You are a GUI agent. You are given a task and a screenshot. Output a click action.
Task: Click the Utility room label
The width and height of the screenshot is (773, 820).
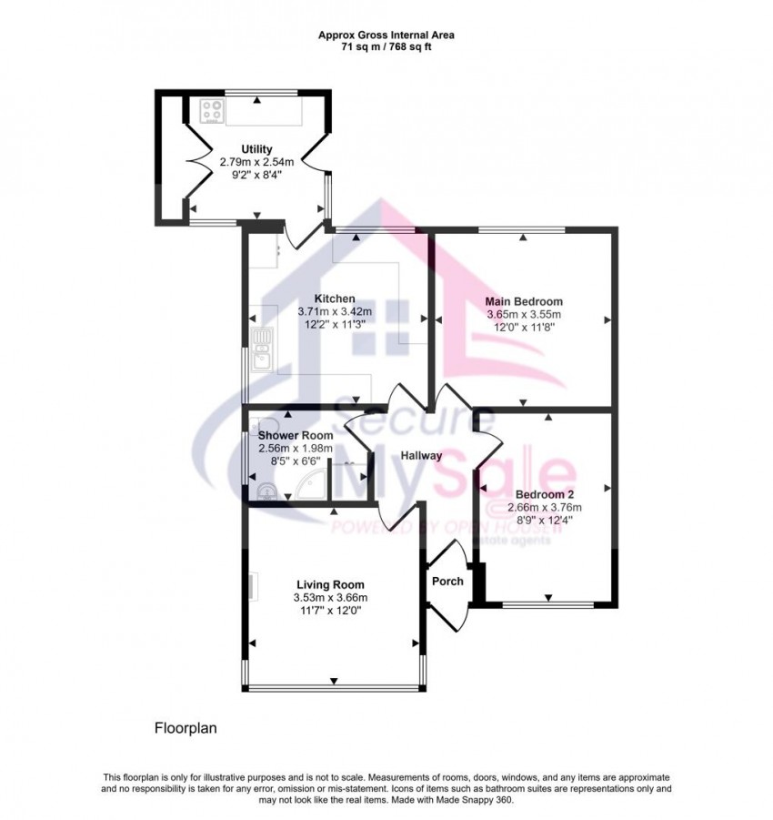[256, 149]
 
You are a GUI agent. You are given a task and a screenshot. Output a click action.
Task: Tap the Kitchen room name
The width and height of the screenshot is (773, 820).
[335, 299]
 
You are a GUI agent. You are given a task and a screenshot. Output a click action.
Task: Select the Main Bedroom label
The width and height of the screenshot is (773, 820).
[524, 301]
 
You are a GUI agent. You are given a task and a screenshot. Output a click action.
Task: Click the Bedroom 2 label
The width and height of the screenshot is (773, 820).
[544, 495]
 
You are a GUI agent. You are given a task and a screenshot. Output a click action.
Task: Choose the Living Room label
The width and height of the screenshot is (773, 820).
[330, 585]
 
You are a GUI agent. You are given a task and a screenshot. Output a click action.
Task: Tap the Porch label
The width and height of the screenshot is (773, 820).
[447, 581]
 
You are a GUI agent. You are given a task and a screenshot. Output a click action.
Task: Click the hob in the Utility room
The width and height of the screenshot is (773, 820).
[212, 112]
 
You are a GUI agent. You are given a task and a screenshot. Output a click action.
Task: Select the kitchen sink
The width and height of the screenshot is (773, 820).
[262, 349]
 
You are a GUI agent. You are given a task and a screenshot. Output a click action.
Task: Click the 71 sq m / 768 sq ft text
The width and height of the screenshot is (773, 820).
[386, 46]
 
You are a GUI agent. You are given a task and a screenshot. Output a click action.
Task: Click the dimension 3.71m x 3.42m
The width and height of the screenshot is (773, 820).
[335, 311]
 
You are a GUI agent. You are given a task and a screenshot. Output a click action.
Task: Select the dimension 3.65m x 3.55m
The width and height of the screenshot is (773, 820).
[524, 314]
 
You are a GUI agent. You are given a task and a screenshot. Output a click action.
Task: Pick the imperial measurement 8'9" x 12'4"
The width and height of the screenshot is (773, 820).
[544, 521]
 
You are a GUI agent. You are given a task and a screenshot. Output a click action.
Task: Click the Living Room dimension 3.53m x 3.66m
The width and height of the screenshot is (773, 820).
[330, 598]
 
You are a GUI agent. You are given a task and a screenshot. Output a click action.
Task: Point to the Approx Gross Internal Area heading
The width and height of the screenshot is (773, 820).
[386, 35]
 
